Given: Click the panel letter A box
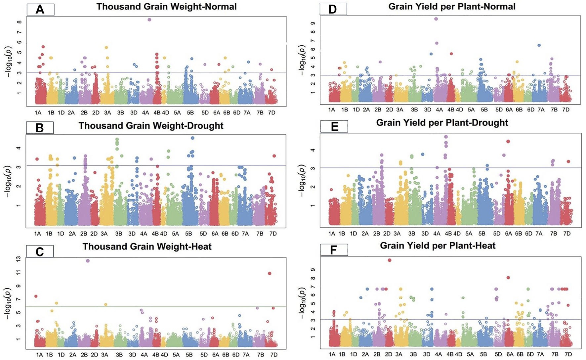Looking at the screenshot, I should tap(40, 10).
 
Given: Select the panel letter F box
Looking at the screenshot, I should tap(334, 250).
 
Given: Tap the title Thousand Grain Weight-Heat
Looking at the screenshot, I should tap(147, 247).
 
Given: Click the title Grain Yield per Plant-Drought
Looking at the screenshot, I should tap(442, 123).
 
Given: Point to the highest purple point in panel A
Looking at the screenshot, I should tap(149, 20).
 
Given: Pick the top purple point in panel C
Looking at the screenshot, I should tap(88, 261).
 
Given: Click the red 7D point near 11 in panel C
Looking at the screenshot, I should tap(270, 273).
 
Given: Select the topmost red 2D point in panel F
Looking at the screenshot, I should tap(389, 260).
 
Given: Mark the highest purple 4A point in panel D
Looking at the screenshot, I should tap(436, 19).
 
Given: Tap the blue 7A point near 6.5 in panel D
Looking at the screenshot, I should tap(539, 45).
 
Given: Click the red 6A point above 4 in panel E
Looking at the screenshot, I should tap(508, 141).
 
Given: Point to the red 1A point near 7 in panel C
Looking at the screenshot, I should tap(36, 296).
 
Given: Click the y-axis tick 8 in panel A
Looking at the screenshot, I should tap(20, 22).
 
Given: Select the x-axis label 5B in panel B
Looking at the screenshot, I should tap(188, 234).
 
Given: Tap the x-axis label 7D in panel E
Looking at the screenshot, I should tap(567, 234).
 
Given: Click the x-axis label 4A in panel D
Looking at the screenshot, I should tap(439, 110).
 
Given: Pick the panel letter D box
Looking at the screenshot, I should tap(333, 9).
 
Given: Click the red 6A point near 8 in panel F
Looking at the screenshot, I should tap(508, 278).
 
